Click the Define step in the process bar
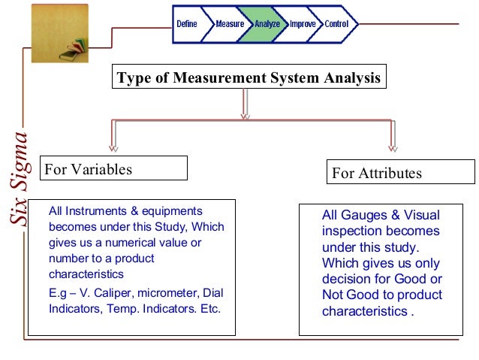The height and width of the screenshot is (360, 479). [187, 24]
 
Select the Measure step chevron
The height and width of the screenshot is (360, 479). [230, 24]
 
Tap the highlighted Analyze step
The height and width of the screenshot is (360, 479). [267, 24]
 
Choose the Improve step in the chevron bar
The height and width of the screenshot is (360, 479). [303, 24]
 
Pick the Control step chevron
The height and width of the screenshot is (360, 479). [337, 24]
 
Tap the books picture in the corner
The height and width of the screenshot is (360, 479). [60, 33]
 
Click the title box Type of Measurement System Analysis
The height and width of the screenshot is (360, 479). [249, 78]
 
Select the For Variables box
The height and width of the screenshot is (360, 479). [113, 168]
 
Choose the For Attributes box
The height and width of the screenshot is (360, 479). [401, 173]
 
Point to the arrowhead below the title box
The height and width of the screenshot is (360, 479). [244, 116]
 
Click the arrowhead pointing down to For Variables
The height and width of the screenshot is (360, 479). [113, 147]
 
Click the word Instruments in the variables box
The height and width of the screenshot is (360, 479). [89, 211]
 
